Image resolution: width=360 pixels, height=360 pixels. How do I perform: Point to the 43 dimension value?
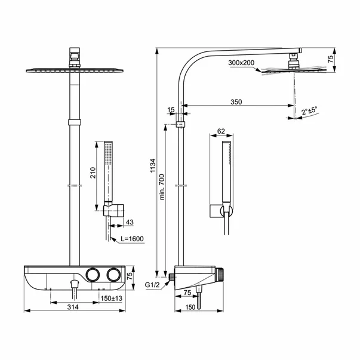[x=129, y=223]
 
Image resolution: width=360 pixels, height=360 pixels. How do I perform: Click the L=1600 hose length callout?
[x=131, y=239]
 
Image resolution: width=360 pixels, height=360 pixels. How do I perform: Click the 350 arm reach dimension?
[x=235, y=103]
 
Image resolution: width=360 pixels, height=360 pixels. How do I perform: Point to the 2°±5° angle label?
[x=309, y=110]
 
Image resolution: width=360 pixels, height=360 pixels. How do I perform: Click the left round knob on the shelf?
[x=92, y=274]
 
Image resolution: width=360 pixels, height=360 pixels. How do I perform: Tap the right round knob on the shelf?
[x=114, y=274]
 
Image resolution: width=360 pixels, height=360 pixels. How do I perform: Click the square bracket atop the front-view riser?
[x=75, y=56]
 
